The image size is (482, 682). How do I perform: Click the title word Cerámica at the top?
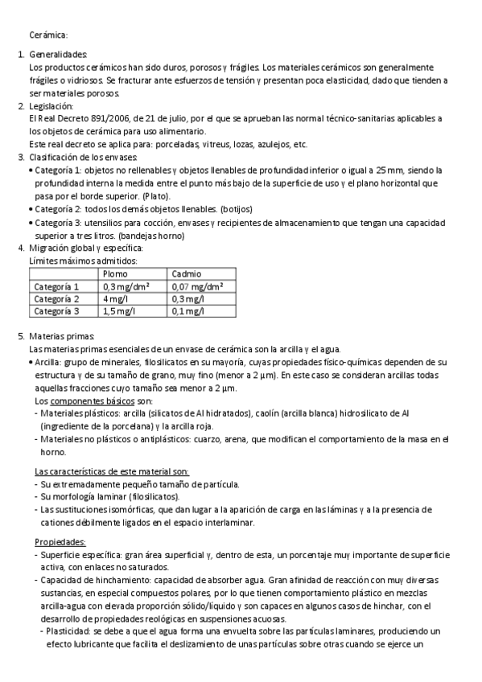point(48,35)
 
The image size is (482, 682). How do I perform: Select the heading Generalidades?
point(59,55)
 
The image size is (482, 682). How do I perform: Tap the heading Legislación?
point(51,106)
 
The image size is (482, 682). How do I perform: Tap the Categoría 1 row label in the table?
point(56,286)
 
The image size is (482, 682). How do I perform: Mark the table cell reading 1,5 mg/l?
point(120,310)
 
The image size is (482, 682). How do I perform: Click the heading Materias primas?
point(62,335)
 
